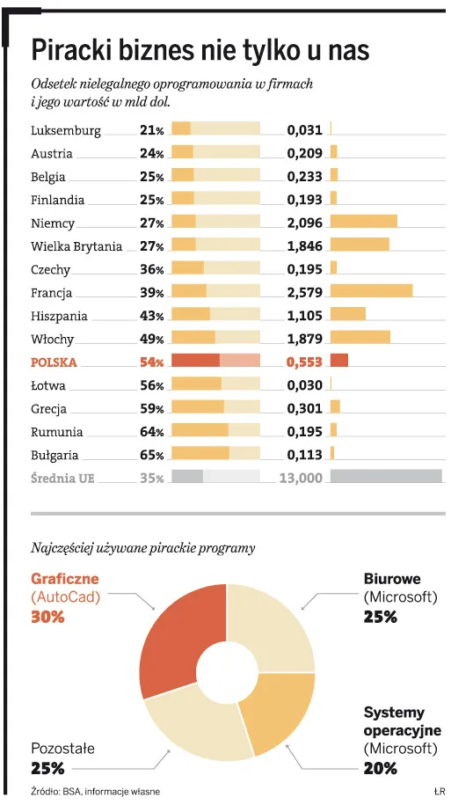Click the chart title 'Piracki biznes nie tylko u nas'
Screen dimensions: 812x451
[x=200, y=50]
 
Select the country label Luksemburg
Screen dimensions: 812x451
[x=66, y=131]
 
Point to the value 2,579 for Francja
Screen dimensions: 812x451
[x=305, y=293]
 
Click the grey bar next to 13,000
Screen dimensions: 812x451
[x=385, y=477]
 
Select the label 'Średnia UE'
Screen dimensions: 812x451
[x=62, y=479]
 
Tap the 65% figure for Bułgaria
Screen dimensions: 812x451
[x=152, y=455]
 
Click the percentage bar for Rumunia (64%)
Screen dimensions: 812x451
[x=215, y=431]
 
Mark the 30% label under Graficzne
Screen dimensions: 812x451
[x=48, y=618]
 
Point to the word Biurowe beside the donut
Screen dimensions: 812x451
[x=392, y=580]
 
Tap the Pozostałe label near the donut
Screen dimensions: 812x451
[x=62, y=749]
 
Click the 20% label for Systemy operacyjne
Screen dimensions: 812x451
[x=380, y=768]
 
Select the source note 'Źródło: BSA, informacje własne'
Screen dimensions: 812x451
[x=95, y=792]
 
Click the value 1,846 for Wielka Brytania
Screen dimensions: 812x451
[x=305, y=247]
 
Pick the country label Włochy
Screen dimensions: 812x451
[x=53, y=340]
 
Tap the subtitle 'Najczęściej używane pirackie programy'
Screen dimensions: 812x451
[x=143, y=548]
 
